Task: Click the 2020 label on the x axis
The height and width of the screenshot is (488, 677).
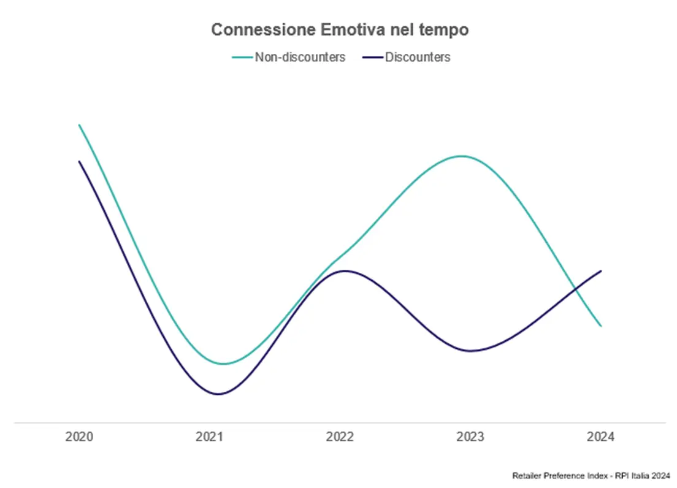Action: [x=79, y=437]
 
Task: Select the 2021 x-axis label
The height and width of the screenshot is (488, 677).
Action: [x=209, y=437]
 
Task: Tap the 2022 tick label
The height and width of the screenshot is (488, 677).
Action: [x=340, y=437]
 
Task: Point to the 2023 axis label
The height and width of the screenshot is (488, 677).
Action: [x=470, y=437]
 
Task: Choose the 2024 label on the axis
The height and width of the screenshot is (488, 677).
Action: [x=600, y=437]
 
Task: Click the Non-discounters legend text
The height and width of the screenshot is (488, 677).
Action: [x=300, y=57]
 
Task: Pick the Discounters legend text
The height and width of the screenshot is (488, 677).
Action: [x=418, y=57]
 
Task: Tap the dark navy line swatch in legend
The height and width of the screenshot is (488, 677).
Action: [x=372, y=57]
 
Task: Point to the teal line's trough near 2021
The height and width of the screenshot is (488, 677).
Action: [x=223, y=364]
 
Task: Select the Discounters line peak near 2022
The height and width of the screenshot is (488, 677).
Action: [x=345, y=270]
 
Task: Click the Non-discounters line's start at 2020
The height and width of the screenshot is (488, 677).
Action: [x=79, y=125]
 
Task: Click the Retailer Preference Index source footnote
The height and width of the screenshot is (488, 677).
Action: [x=591, y=475]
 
